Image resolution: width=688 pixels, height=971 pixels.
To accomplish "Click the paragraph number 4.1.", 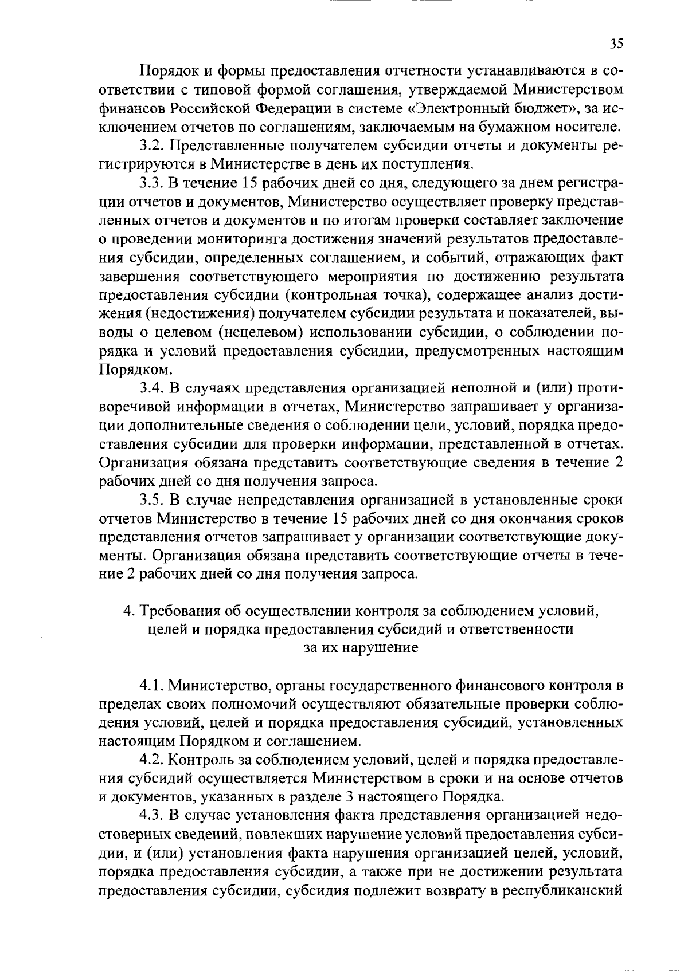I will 153,685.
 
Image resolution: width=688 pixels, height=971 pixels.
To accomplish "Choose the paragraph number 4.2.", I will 153,760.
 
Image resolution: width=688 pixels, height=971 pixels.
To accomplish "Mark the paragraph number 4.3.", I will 153,816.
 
